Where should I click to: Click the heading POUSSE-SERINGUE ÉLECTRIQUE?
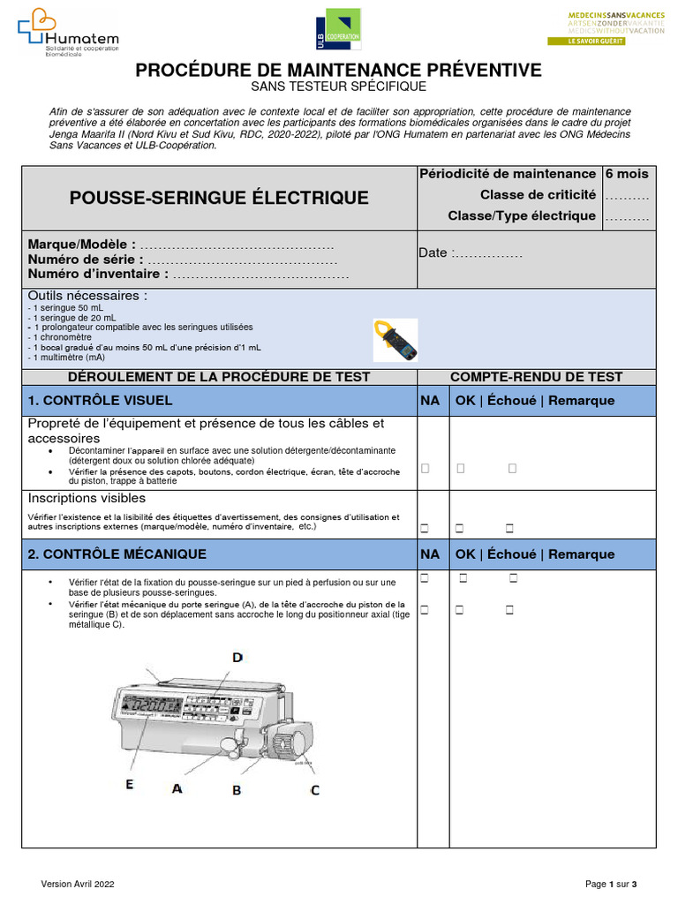click(219, 198)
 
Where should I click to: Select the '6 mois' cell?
click(627, 174)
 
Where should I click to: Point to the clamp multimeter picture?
click(394, 340)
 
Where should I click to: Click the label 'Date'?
click(433, 253)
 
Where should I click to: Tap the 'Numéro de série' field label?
click(82, 260)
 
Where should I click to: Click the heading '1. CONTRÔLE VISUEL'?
click(101, 401)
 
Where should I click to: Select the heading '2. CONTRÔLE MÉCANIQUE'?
click(117, 554)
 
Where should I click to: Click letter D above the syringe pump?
click(237, 657)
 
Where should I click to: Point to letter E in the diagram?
click(130, 782)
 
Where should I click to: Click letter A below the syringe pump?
click(177, 788)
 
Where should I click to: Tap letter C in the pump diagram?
click(315, 789)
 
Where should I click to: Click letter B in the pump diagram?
click(237, 790)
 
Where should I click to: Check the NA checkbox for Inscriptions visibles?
click(425, 529)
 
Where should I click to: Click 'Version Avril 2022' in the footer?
click(79, 884)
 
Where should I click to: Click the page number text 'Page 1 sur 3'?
click(611, 884)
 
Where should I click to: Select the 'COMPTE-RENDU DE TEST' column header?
click(536, 377)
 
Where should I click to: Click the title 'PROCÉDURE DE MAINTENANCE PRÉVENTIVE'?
click(339, 70)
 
